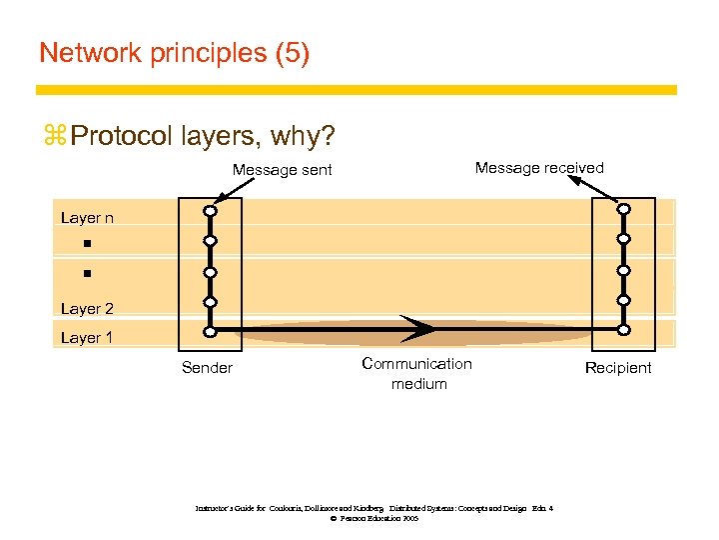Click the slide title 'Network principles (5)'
click(174, 53)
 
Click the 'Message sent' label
click(282, 170)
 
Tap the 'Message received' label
click(539, 168)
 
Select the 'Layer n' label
click(87, 218)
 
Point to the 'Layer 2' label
click(87, 309)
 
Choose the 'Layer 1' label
click(87, 338)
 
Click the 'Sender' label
click(207, 368)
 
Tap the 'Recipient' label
click(617, 368)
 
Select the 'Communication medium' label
click(417, 374)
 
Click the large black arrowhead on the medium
click(419, 329)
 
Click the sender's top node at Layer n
click(210, 211)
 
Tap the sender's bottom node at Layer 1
click(210, 331)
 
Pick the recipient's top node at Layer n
click(623, 210)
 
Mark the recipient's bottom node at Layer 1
click(623, 330)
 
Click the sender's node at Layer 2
click(210, 301)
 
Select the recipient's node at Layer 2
click(623, 300)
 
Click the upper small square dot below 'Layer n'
click(87, 243)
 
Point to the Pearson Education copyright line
click(372, 519)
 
